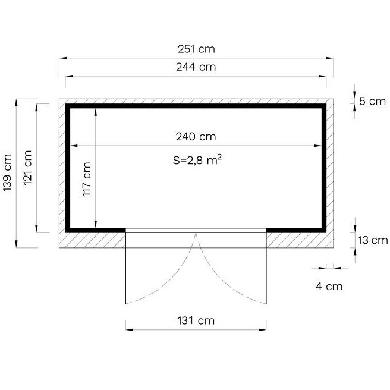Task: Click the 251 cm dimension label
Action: point(196,49)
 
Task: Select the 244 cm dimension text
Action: point(196,67)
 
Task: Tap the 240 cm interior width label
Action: point(196,137)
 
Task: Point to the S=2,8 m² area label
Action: point(197,160)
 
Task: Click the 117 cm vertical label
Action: point(87,180)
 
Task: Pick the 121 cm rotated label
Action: point(27,168)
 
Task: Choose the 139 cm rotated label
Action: point(8,173)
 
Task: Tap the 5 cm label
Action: point(372,101)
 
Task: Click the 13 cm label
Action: point(373,240)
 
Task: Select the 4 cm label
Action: point(329,287)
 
